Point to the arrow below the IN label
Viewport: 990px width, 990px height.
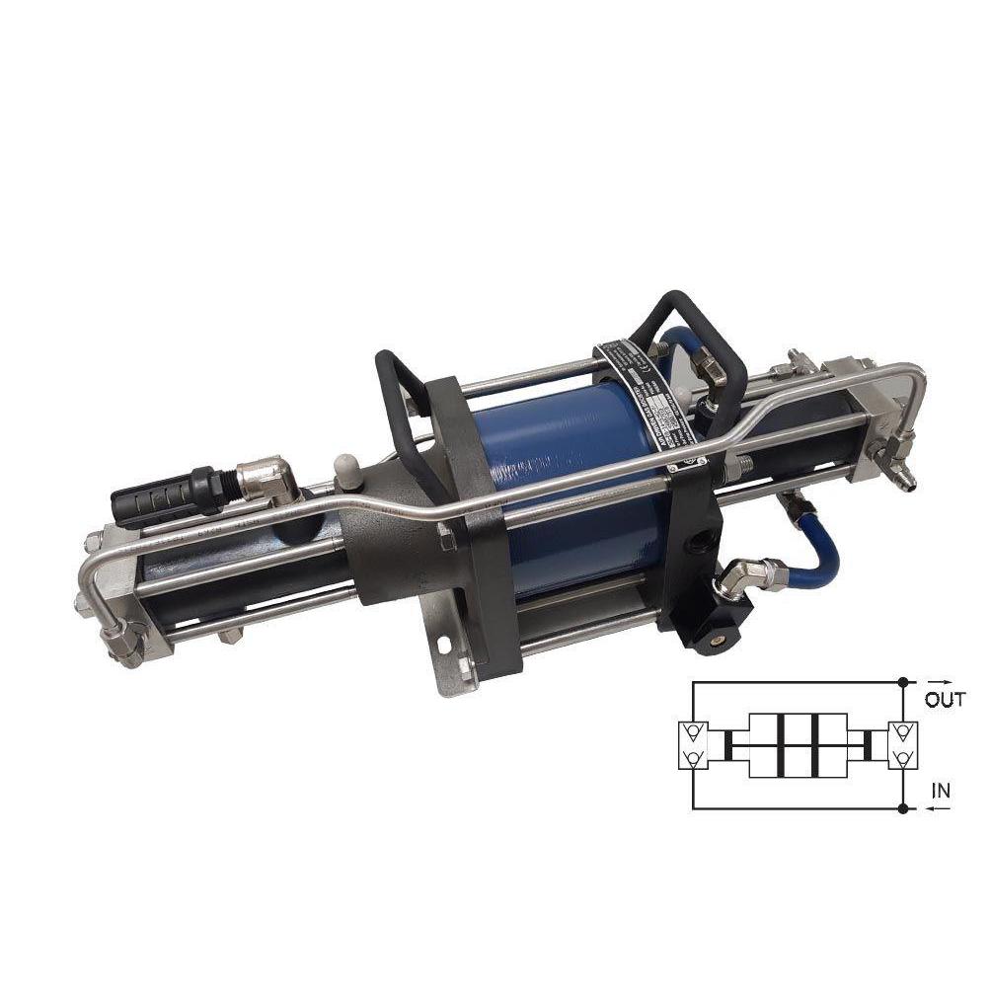point(939,808)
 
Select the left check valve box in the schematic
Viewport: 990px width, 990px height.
point(694,746)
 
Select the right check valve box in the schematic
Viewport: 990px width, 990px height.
point(902,746)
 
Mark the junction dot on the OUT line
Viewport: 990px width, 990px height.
point(902,682)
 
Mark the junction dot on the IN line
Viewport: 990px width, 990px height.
point(902,808)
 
